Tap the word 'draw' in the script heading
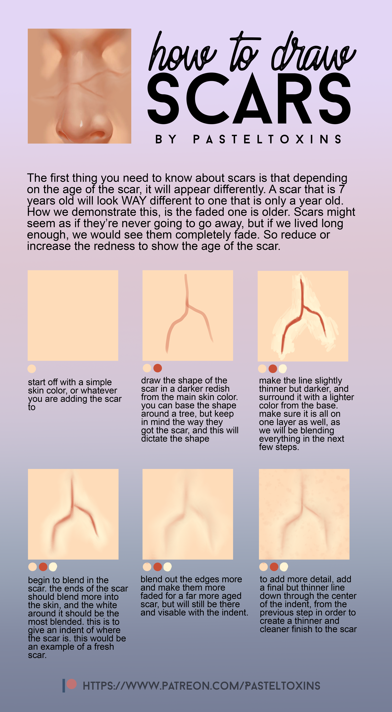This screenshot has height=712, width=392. [314, 53]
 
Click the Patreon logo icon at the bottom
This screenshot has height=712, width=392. [70, 685]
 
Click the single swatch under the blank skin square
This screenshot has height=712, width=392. [32, 369]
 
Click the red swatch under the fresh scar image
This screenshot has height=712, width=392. [43, 567]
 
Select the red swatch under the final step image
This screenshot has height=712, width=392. [274, 567]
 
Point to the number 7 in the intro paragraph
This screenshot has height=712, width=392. [342, 189]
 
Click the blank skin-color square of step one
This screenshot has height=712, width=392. [73, 315]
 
